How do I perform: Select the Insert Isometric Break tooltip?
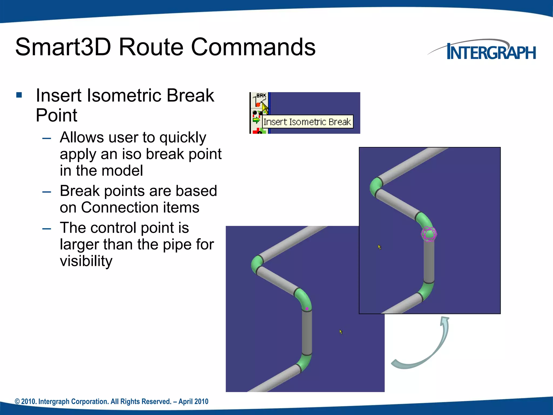click(x=307, y=122)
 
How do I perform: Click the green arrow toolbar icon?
click(x=256, y=120)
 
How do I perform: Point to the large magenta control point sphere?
click(x=429, y=234)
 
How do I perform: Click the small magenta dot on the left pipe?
click(x=307, y=309)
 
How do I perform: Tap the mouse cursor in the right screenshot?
click(x=379, y=247)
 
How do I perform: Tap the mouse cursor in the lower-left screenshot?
click(x=341, y=332)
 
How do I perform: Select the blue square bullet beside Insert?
click(x=19, y=95)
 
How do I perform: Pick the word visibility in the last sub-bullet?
click(x=86, y=261)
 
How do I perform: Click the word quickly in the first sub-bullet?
click(x=183, y=138)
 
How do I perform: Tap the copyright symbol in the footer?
click(x=17, y=401)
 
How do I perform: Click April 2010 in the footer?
click(x=193, y=401)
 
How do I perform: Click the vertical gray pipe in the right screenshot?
click(x=429, y=262)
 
